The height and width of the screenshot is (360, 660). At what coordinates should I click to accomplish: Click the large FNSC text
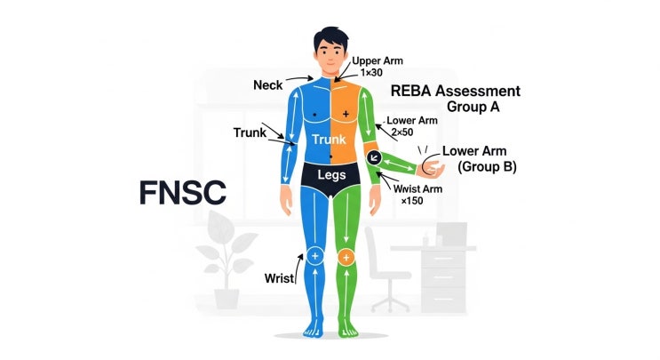[x=183, y=193]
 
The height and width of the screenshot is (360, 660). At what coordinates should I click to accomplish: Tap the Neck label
[x=267, y=85]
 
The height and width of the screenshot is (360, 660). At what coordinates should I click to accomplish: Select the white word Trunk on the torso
[x=330, y=139]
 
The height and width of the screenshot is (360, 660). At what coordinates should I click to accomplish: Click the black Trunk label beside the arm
[x=250, y=132]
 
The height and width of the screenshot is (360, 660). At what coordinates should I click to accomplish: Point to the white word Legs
[x=331, y=175]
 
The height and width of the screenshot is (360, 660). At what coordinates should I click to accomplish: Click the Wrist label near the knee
[x=279, y=278]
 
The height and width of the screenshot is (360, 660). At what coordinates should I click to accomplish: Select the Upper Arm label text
[x=378, y=60]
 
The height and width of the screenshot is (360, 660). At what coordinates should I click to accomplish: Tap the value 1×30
[x=371, y=72]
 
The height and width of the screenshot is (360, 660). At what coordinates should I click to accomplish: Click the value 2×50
[x=402, y=132]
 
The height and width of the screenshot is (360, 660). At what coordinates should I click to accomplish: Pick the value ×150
[x=412, y=201]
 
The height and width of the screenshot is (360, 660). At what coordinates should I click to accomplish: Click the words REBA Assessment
[x=456, y=91]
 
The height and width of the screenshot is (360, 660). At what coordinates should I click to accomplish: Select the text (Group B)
[x=487, y=167]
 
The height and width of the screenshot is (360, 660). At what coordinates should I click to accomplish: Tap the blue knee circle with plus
[x=314, y=256]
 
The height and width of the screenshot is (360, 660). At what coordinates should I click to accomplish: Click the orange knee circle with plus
[x=346, y=257]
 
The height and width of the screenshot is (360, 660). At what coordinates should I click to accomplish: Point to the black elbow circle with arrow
[x=374, y=158]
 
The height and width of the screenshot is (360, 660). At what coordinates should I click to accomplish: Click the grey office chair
[x=386, y=269]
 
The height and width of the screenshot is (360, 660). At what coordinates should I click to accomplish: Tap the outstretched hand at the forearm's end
[x=430, y=168]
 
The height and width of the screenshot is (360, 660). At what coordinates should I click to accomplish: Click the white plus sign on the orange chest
[x=346, y=114]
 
